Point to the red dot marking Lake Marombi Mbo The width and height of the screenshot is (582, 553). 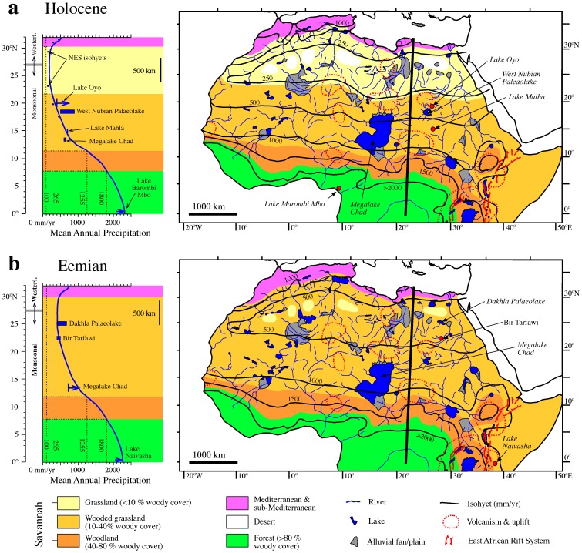[x=338, y=189]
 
